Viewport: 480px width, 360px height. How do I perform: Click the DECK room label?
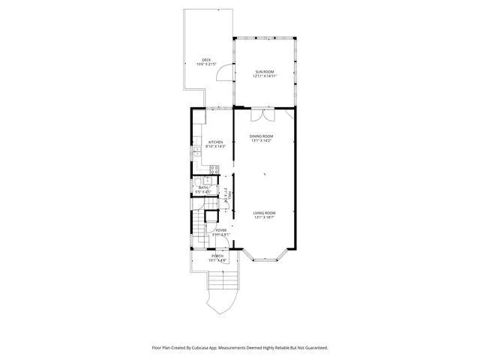pos(205,60)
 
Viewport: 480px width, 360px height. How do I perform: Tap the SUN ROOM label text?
pos(265,71)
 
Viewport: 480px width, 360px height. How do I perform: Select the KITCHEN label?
pos(216,142)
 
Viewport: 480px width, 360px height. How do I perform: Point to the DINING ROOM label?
pos(262,136)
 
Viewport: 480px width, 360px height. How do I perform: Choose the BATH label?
pos(202,187)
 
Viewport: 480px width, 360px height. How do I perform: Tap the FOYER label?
pos(220,229)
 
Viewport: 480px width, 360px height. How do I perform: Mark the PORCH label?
pos(217,256)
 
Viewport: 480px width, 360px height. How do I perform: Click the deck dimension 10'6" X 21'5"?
pos(205,64)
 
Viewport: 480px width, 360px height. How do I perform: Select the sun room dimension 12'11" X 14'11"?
pos(265,76)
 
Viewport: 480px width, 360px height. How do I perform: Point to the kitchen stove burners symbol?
pos(214,169)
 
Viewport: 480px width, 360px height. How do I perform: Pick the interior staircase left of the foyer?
pos(197,225)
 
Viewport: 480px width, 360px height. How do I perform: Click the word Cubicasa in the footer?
pos(212,347)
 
